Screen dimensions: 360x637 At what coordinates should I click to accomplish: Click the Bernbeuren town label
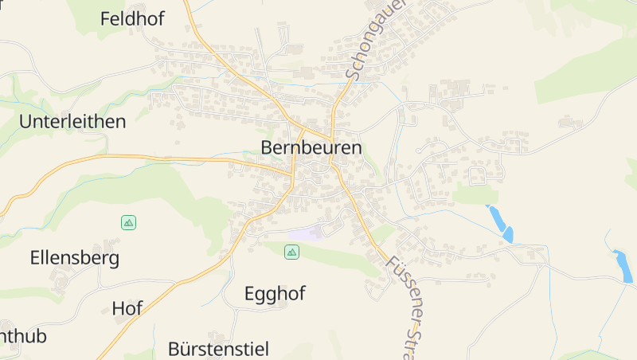tap(311, 147)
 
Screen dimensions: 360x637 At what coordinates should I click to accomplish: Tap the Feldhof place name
tap(132, 19)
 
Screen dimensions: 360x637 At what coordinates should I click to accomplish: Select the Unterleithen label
tap(72, 122)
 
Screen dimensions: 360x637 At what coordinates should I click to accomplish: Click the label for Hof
tap(127, 308)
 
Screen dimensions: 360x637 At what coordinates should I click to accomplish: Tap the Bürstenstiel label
tap(218, 349)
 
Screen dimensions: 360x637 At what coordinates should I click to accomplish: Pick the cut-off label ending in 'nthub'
tap(22, 336)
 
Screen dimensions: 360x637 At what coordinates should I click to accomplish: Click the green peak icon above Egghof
tap(291, 252)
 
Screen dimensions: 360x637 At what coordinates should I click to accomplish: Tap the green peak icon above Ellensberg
tap(128, 222)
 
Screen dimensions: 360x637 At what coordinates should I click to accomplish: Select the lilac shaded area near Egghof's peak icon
tap(307, 233)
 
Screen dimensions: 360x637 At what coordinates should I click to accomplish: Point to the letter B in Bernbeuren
tap(267, 147)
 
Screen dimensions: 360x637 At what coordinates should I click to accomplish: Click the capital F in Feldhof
tap(105, 19)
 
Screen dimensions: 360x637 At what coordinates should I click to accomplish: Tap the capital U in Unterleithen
tap(25, 122)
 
